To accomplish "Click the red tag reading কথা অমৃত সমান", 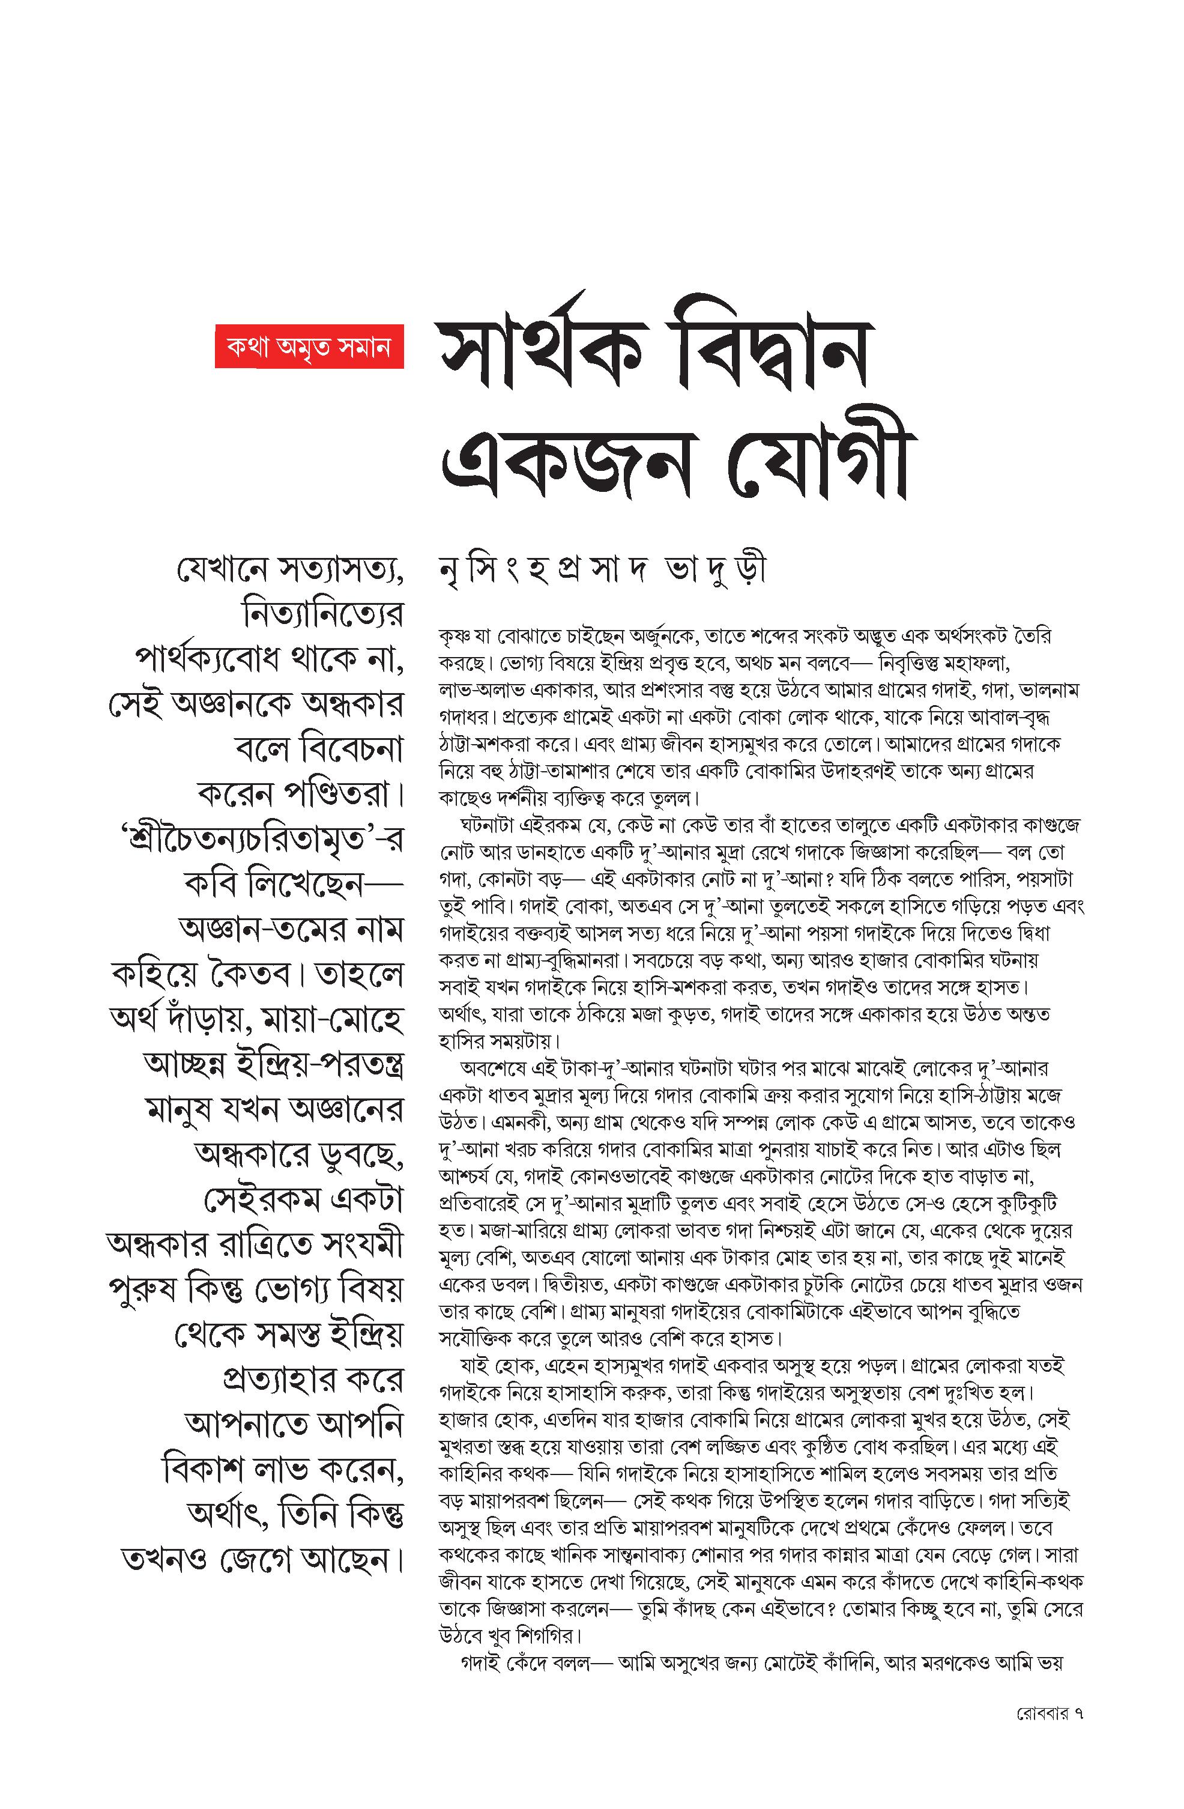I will [x=309, y=347].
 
